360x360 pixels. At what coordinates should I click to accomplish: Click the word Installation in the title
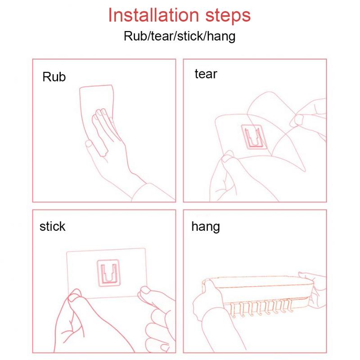tap(153, 15)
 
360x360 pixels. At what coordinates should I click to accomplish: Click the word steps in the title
tap(228, 16)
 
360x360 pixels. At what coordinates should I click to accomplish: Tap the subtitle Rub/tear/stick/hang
tap(180, 36)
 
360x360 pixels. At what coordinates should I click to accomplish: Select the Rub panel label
tap(54, 76)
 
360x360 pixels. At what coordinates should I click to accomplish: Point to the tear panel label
tap(206, 74)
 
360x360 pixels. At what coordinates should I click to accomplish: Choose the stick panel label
tap(52, 226)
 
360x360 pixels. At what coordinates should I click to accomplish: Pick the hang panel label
tap(206, 227)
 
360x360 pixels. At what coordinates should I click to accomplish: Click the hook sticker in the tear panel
tap(254, 137)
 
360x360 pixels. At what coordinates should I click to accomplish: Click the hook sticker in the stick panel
tap(109, 273)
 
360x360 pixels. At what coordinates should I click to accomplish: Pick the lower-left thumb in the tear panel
tap(227, 157)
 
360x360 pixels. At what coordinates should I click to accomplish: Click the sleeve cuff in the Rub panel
tap(152, 193)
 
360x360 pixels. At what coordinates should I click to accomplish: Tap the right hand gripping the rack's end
tap(315, 289)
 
